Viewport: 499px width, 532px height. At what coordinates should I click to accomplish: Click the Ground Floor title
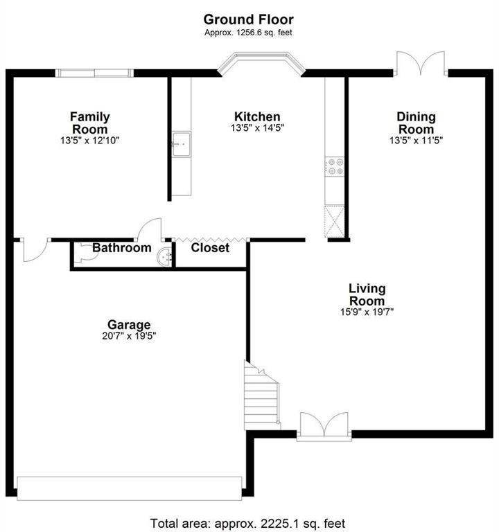coord(249,19)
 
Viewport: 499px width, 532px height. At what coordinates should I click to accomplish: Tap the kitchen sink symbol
coord(182,144)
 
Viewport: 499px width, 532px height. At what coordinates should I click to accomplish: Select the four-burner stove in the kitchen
coord(334,166)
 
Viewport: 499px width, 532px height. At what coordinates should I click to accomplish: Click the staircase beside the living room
coord(262,396)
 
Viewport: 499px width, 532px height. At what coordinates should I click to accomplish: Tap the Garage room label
coord(129,325)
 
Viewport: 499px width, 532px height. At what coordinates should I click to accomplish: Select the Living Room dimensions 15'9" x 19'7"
coord(367,312)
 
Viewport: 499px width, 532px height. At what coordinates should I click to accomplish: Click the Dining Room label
coord(416,123)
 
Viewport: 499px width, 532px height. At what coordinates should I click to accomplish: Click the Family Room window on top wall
coord(94,73)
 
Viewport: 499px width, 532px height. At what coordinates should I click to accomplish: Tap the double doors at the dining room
coord(421,64)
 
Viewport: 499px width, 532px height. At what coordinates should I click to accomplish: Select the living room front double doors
coord(324,427)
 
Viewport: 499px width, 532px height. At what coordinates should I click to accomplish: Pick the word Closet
coord(210,248)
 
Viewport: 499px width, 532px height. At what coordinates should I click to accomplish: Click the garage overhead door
coord(130,488)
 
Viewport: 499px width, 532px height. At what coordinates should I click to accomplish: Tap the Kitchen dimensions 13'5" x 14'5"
coord(257,128)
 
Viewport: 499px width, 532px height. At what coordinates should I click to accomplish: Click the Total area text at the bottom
coord(248,524)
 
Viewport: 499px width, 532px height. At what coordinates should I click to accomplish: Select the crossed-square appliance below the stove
coord(334,221)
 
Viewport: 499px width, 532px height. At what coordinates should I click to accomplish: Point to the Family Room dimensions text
coord(90,141)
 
